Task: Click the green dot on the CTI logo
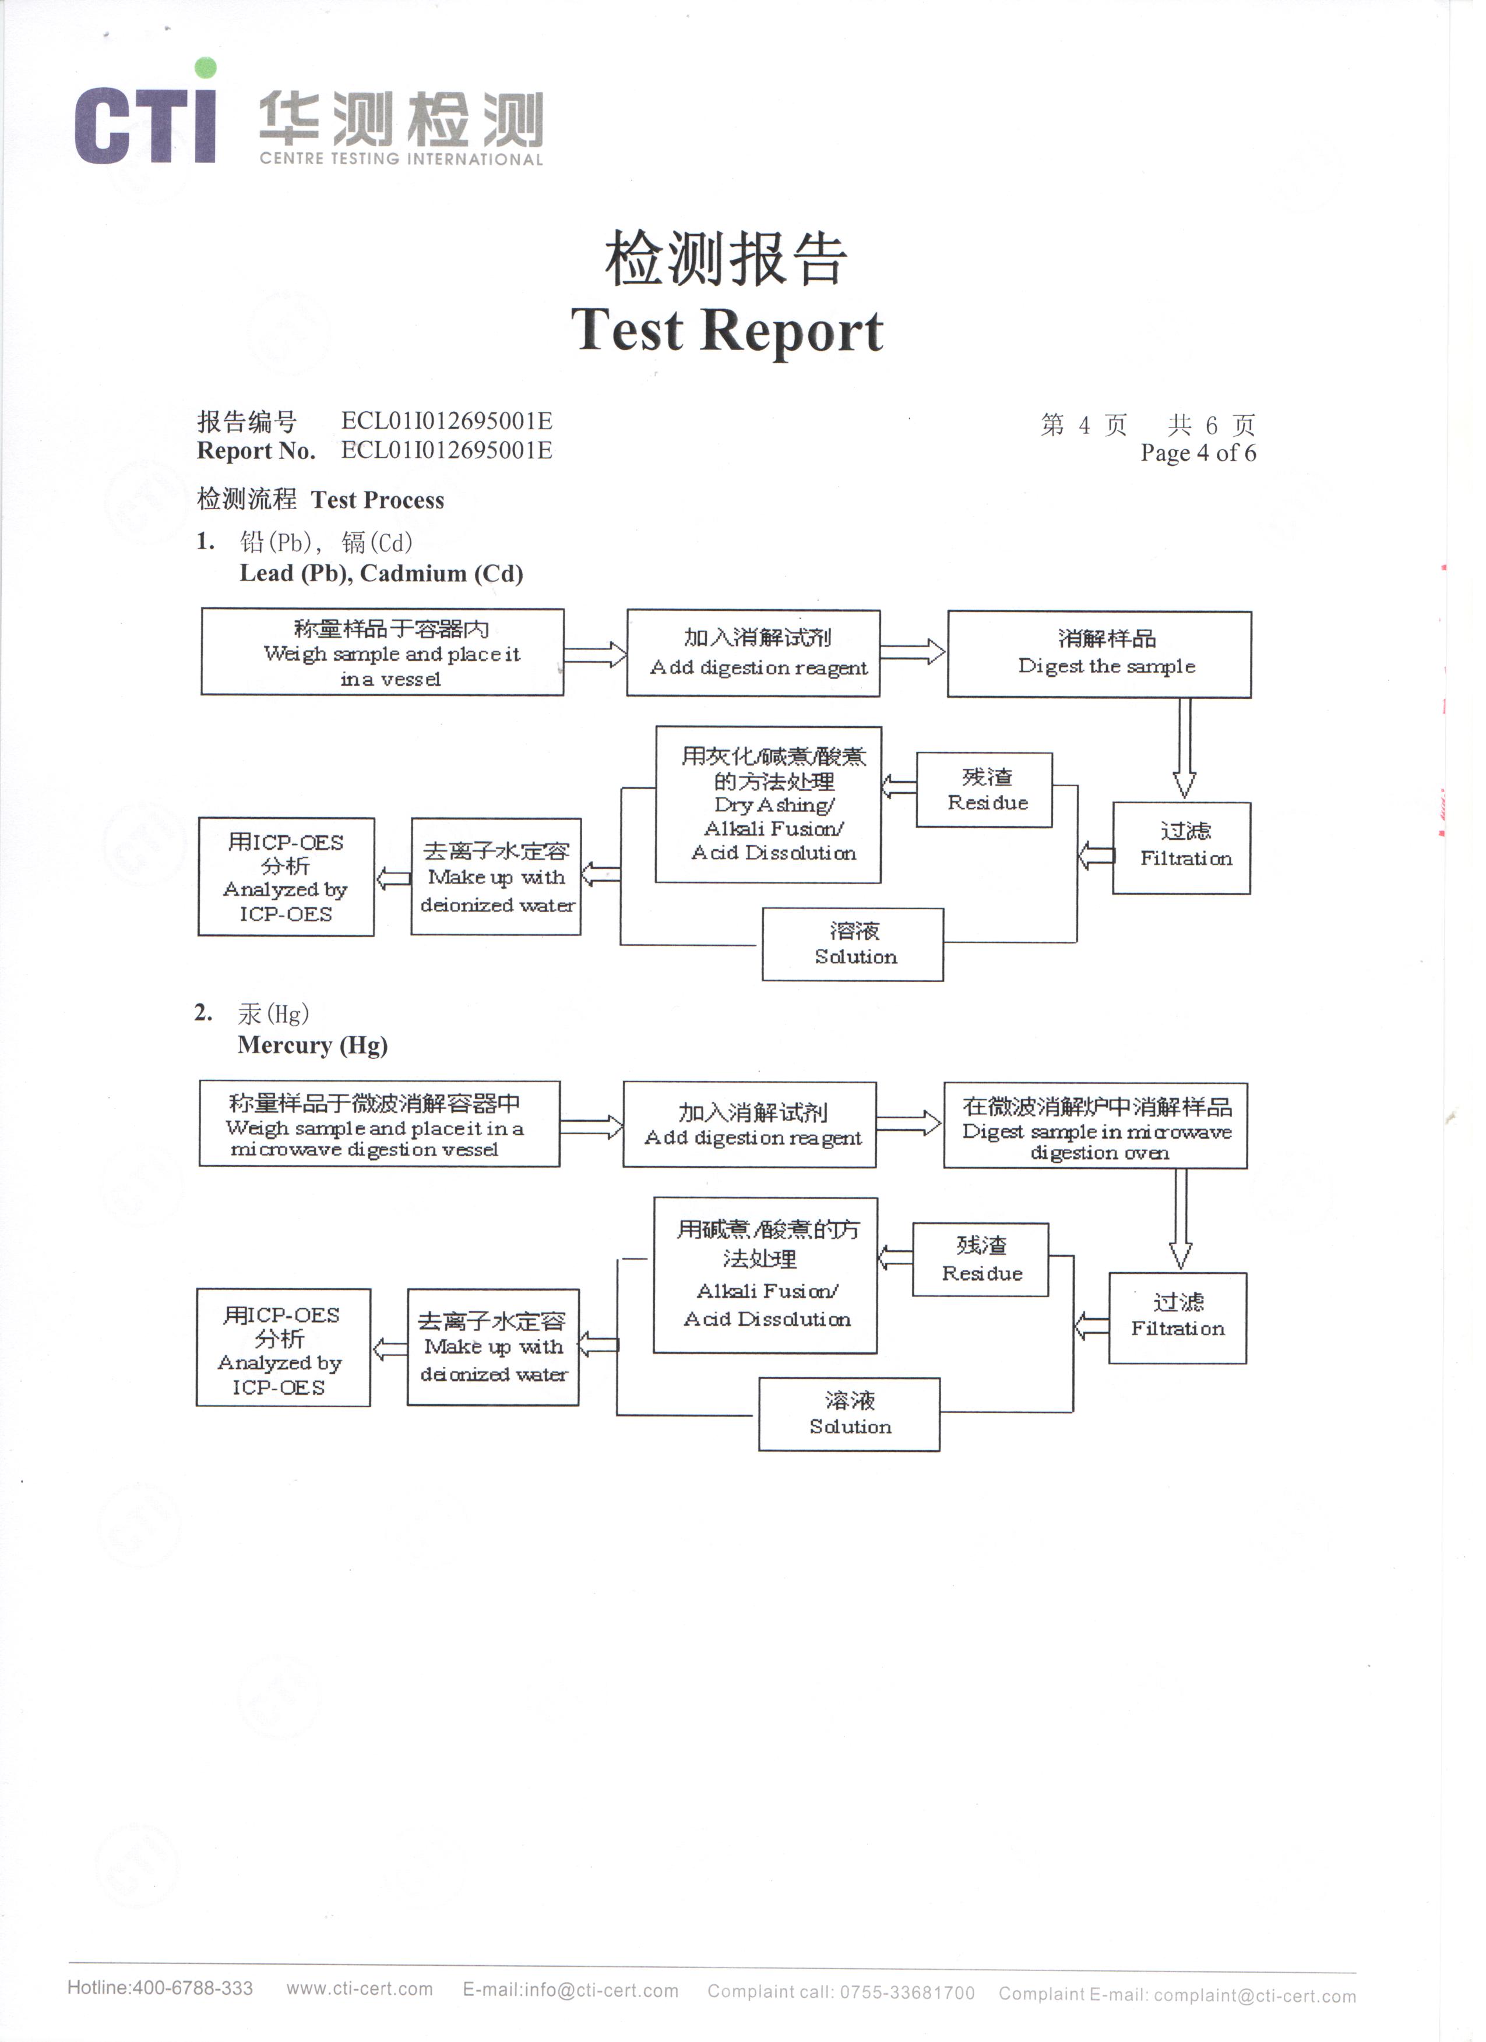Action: point(206,68)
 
